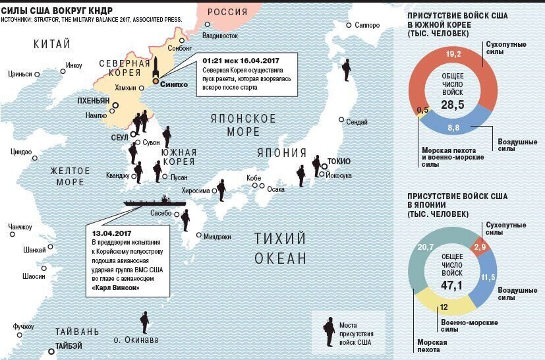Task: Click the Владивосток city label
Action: click(219, 35)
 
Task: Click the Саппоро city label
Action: click(367, 25)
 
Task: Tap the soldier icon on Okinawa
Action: click(144, 322)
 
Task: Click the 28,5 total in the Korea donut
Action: click(452, 105)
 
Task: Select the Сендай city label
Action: click(357, 122)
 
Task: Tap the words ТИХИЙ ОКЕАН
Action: click(281, 247)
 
